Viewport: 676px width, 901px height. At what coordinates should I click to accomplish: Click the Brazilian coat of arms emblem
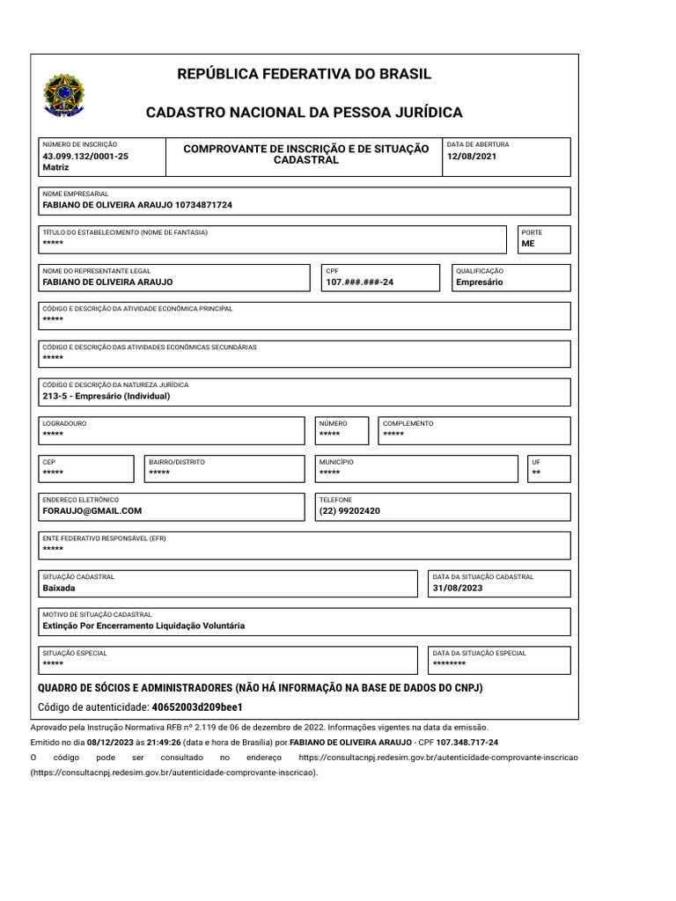64,95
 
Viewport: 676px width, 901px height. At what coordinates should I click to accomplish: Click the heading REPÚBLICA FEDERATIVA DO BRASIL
305,74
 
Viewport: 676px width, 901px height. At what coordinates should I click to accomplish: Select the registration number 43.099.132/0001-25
85,156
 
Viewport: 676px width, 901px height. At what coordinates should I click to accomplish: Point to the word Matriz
55,166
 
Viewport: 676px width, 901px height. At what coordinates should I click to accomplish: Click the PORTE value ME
528,244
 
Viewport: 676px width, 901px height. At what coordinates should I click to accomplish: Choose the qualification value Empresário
479,282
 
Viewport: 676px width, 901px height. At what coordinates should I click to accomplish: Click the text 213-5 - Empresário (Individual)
107,396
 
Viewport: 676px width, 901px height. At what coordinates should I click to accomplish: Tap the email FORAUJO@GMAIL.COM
92,510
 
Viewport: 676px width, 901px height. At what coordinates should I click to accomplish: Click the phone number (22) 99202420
349,510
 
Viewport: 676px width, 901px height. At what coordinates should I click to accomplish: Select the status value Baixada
59,588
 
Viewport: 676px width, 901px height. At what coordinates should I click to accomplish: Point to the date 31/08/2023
459,588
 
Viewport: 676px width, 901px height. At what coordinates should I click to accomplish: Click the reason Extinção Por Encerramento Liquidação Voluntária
143,626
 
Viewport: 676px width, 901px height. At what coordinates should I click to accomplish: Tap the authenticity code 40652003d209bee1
197,707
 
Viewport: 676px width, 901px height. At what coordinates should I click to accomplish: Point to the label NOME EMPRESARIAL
76,194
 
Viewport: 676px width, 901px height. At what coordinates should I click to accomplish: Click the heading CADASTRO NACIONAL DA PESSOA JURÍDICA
304,113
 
